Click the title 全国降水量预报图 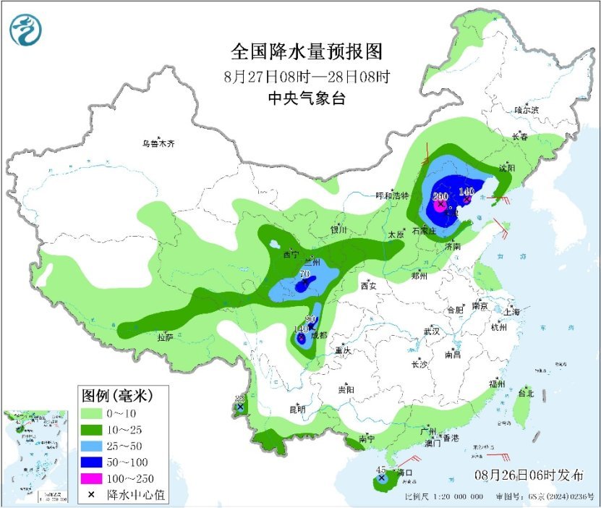[x=305, y=52]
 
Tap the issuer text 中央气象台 [x=306, y=99]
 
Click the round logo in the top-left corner [x=26, y=30]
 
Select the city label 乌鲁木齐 [x=158, y=144]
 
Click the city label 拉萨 [x=165, y=337]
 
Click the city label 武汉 [x=432, y=331]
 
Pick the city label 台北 [x=526, y=394]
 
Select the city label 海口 [x=404, y=473]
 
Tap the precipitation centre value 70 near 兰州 [x=304, y=274]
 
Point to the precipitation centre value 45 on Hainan [x=381, y=470]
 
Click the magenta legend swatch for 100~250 [x=92, y=478]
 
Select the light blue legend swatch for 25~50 [x=92, y=446]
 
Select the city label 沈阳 [x=506, y=168]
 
